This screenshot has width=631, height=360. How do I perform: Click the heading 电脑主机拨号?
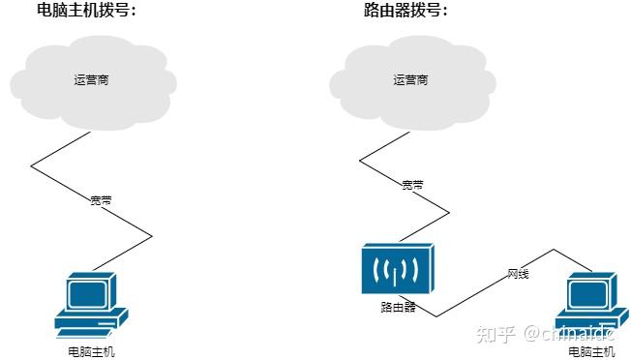[86, 12]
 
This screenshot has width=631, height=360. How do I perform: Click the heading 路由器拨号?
[406, 12]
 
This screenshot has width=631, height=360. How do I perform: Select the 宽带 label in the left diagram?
[101, 200]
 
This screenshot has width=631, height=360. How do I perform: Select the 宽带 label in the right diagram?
[412, 184]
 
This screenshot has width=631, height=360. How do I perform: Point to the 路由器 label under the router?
[398, 307]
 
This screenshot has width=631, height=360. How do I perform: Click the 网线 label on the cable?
[519, 274]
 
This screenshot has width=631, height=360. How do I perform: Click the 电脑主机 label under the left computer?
[91, 350]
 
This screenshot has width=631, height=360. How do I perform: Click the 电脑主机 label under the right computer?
[591, 350]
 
